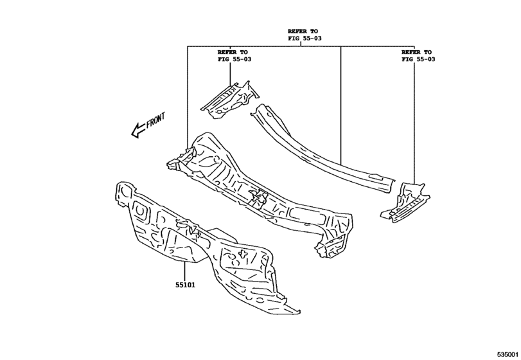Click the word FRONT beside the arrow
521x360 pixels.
[155, 121]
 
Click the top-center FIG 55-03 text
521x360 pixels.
[304, 39]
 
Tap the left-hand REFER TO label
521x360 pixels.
[232, 51]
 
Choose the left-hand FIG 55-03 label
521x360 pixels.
[234, 59]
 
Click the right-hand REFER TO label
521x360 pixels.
[416, 51]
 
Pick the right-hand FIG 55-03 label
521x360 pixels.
[418, 59]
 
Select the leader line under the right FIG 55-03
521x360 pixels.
[414, 122]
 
